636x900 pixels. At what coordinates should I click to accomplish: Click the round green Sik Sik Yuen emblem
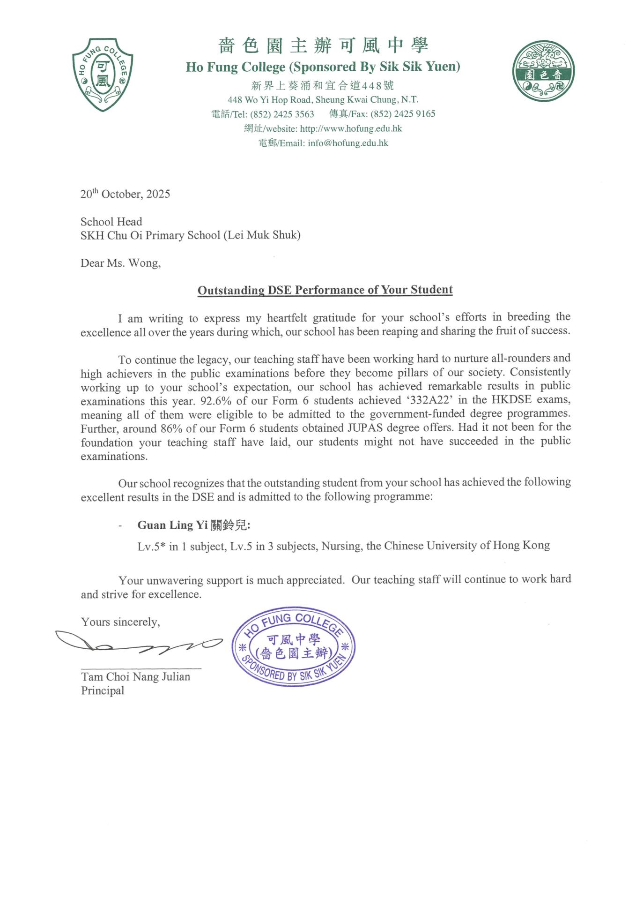(543, 71)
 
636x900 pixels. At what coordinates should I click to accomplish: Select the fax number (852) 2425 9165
(403, 114)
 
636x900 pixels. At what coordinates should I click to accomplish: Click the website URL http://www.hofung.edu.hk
(351, 128)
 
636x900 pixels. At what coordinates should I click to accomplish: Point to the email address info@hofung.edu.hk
(348, 143)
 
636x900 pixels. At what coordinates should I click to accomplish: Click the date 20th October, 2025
(125, 194)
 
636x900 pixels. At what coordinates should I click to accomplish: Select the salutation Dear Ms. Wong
(120, 263)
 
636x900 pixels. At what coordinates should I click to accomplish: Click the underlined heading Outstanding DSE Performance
(325, 290)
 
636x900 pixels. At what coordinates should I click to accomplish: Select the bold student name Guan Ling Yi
(172, 525)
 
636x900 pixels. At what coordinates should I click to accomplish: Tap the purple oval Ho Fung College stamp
(294, 647)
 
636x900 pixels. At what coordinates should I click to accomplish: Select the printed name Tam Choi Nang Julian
(136, 677)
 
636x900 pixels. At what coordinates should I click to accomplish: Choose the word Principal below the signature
(103, 690)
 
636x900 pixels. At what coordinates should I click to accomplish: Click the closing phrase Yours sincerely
(120, 622)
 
